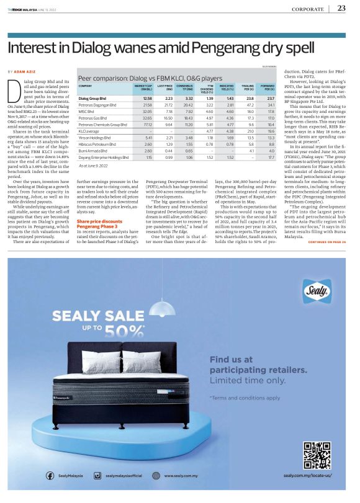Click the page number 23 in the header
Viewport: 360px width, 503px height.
[x=341, y=7]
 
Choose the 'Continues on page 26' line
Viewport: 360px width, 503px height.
[x=326, y=242]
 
